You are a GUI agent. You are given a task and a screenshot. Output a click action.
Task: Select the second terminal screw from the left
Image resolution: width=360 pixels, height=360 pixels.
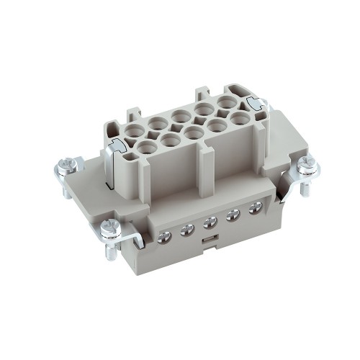pyautogui.click(x=187, y=229)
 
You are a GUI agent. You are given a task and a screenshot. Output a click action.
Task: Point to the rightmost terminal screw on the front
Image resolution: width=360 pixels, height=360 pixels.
pyautogui.click(x=254, y=207)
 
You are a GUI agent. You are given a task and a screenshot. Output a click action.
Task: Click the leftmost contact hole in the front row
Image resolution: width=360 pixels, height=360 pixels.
pyautogui.click(x=146, y=148)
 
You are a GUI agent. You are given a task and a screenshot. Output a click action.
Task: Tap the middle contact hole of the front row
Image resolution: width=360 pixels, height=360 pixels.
pyautogui.click(x=192, y=132)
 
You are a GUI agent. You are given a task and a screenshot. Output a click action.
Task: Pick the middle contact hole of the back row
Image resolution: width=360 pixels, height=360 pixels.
pyautogui.click(x=180, y=114)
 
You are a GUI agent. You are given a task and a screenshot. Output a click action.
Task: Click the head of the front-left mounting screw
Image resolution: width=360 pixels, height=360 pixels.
pyautogui.click(x=111, y=228)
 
